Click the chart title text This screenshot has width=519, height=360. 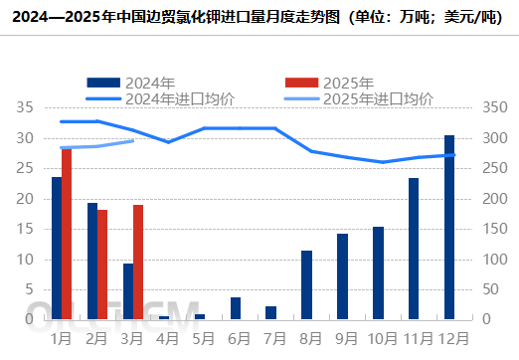259,17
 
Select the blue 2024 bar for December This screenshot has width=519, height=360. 449,227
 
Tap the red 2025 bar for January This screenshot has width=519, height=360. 67,234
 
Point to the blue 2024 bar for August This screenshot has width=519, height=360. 306,284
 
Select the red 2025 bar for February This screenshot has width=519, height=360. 102,265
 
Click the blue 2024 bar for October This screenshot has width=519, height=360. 378,272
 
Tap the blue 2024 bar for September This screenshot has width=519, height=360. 342,276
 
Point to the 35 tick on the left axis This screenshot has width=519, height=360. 26,107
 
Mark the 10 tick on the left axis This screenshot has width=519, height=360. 26,260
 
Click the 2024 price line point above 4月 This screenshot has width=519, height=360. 169,142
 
